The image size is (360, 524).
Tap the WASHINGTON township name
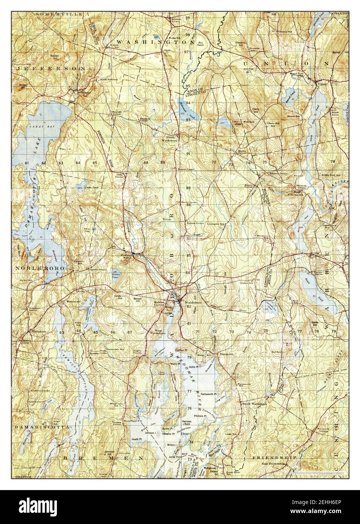coord(155,42)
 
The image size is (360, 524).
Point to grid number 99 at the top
coord(187,18)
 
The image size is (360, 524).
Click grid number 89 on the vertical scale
coord(188,188)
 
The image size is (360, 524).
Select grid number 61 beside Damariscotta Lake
coord(27,162)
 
